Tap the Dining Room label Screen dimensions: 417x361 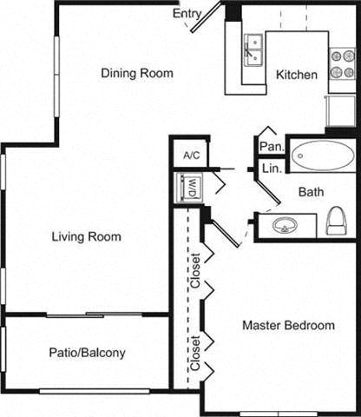click(x=136, y=73)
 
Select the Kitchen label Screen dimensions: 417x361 click(x=296, y=75)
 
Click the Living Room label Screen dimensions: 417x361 click(x=86, y=236)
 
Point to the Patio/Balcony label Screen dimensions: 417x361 click(x=86, y=353)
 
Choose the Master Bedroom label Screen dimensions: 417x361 click(x=288, y=326)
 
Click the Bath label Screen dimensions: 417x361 click(x=311, y=192)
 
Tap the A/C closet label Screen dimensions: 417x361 click(x=191, y=156)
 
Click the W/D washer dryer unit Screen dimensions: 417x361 click(x=189, y=188)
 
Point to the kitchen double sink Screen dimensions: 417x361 click(x=253, y=51)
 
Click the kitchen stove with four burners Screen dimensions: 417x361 click(x=340, y=63)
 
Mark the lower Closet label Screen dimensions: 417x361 click(x=195, y=353)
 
